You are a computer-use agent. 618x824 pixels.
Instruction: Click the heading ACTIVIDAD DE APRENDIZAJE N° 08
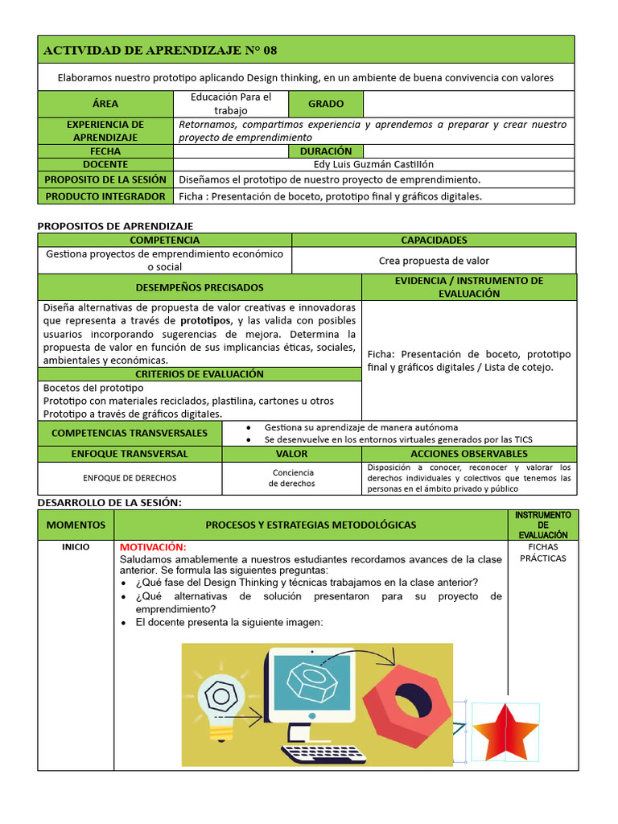click(159, 50)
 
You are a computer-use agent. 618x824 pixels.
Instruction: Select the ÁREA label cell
click(105, 104)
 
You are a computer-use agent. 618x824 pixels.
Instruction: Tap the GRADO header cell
click(325, 104)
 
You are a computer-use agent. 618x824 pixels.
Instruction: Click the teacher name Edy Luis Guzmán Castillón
click(374, 164)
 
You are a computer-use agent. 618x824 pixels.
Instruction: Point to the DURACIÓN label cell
click(325, 150)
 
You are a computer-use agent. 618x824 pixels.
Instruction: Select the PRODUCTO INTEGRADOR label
click(105, 196)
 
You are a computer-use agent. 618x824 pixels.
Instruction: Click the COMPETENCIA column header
click(164, 240)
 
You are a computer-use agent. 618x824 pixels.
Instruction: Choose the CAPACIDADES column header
click(434, 240)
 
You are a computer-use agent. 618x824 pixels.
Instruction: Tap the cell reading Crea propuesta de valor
click(434, 261)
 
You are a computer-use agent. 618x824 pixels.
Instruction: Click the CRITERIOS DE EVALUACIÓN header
click(200, 374)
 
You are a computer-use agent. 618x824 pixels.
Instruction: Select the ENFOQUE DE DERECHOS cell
click(130, 478)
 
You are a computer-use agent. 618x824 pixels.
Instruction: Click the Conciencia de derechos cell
click(293, 478)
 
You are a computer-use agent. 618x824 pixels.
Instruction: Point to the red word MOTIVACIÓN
click(153, 547)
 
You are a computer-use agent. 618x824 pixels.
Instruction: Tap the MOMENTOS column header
click(76, 525)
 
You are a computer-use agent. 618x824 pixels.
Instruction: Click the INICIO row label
click(76, 547)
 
